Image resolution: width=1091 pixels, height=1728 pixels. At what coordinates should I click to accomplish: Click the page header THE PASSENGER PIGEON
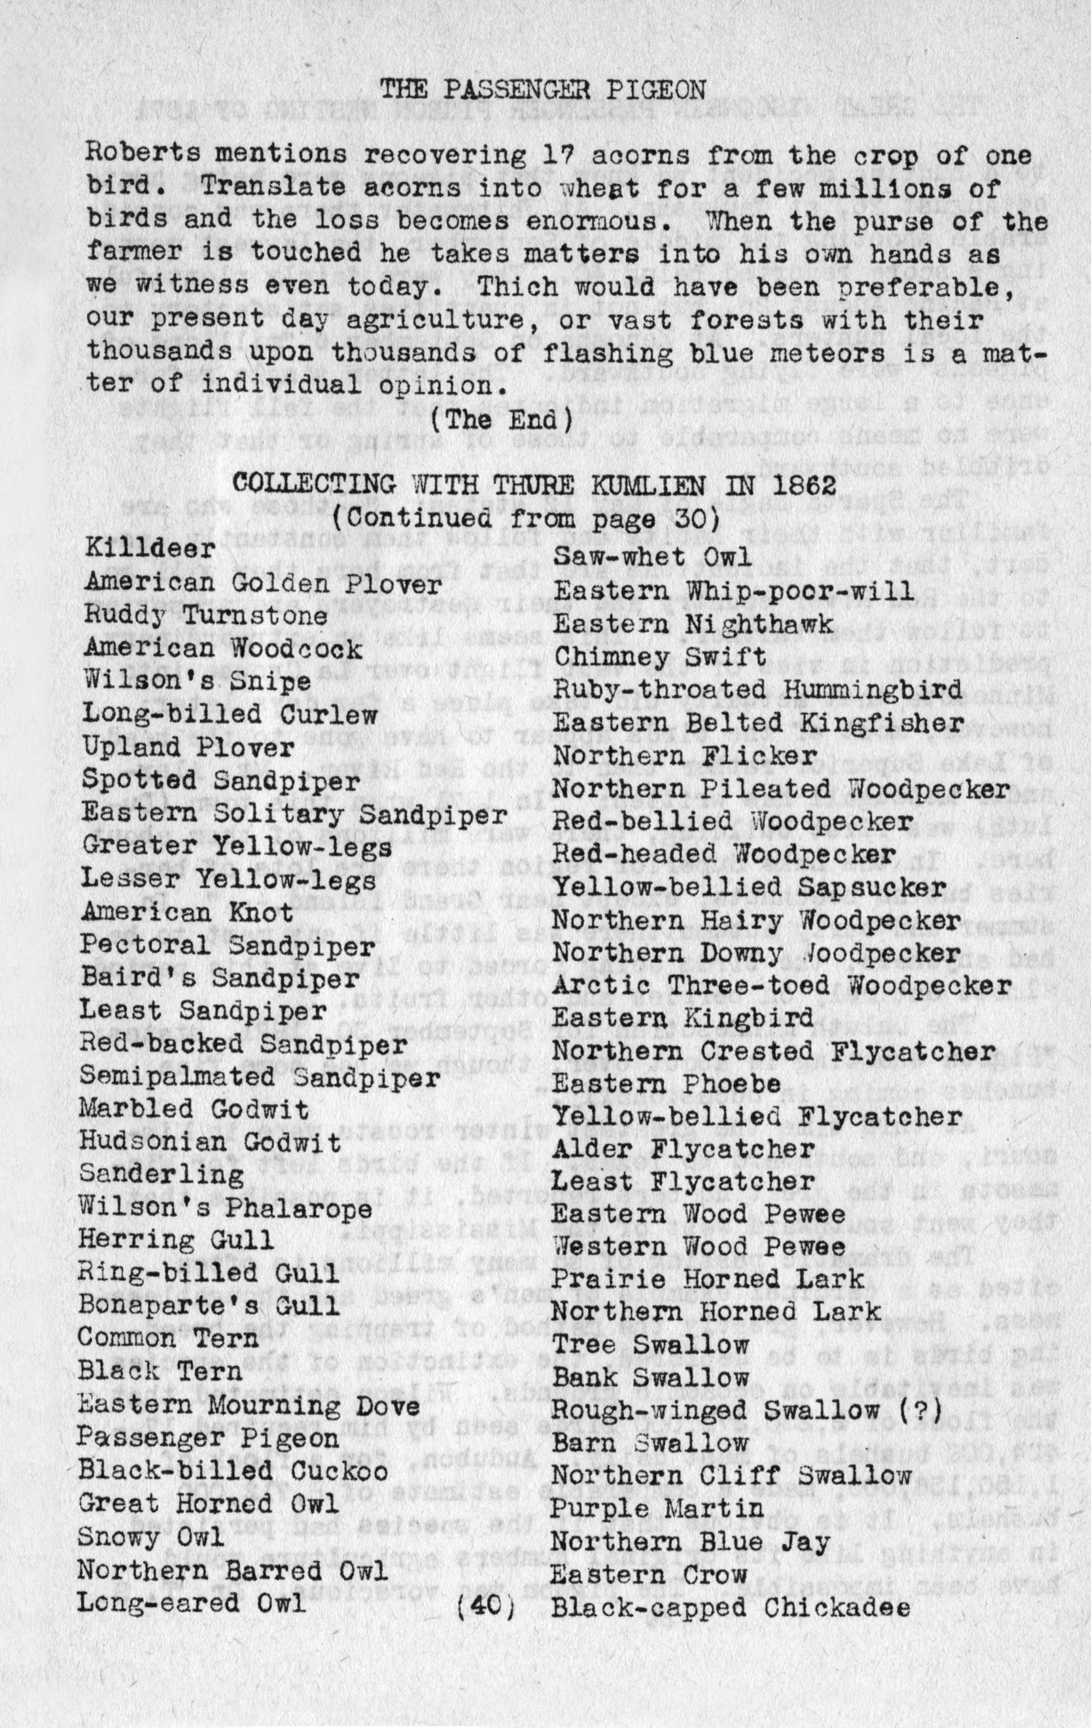tap(542, 90)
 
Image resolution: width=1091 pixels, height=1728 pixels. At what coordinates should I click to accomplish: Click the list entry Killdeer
tap(150, 550)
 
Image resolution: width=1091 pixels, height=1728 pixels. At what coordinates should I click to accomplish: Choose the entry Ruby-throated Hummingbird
tap(757, 691)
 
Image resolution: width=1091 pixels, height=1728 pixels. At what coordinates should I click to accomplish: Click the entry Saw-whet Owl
tap(652, 556)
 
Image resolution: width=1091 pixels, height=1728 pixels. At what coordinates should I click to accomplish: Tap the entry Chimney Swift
tap(661, 657)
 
